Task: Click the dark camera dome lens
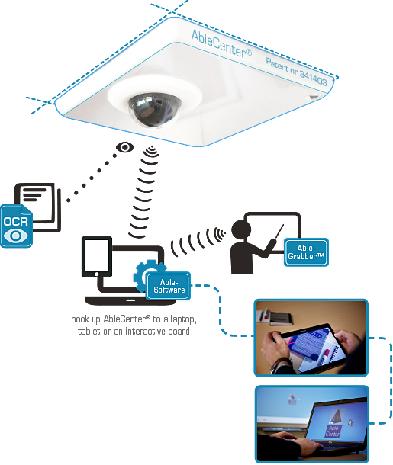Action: [154, 110]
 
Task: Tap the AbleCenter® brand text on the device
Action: [222, 44]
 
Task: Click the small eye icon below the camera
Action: [125, 147]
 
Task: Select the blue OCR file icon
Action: [16, 226]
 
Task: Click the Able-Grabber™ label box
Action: [306, 252]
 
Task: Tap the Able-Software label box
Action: [169, 286]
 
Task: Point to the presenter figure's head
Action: [241, 230]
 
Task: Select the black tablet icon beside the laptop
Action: [97, 257]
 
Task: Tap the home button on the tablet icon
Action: [96, 274]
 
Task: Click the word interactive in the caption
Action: [145, 331]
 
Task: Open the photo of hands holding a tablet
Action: [311, 338]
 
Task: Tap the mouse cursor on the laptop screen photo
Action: [350, 422]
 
